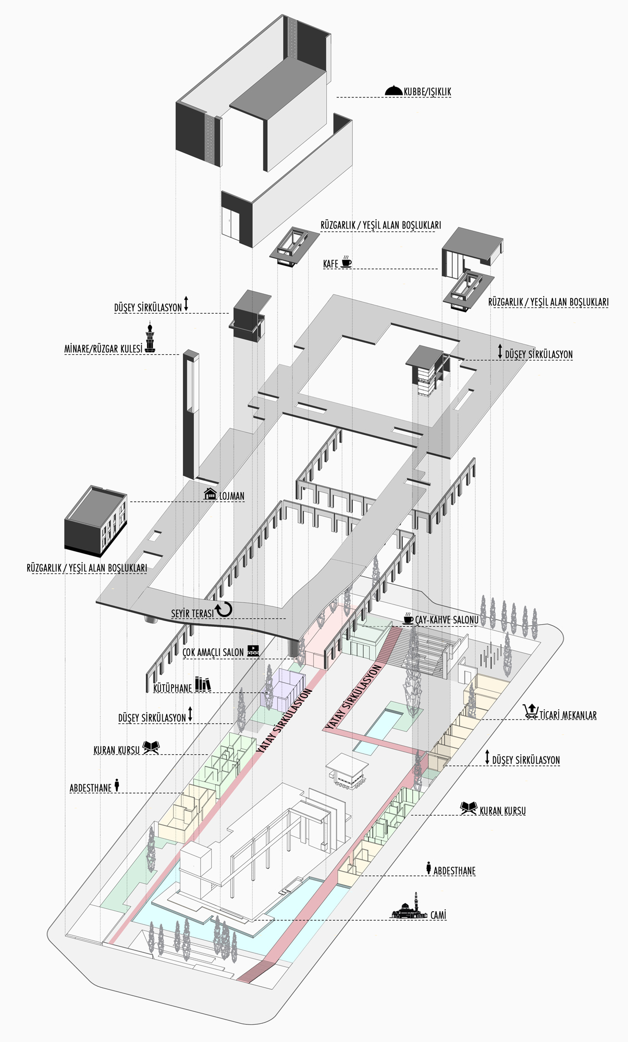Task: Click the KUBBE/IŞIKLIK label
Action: tap(427, 92)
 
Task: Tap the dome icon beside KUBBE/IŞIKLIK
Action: tap(393, 90)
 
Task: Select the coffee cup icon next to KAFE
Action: tap(346, 262)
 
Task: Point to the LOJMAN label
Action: tap(232, 496)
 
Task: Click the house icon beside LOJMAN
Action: tap(210, 493)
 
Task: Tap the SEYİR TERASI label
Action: tap(192, 614)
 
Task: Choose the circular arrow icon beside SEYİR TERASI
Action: tap(224, 609)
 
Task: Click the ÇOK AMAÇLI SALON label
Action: tap(213, 652)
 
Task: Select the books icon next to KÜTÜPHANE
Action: tap(203, 684)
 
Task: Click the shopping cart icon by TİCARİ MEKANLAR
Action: tap(531, 711)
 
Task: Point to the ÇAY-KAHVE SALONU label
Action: tap(447, 620)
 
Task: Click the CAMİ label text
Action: tap(438, 915)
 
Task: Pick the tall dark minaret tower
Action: tap(190, 414)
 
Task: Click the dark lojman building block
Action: tap(96, 521)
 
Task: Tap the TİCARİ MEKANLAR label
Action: tap(568, 715)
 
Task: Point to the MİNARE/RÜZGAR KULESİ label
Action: tap(103, 349)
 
